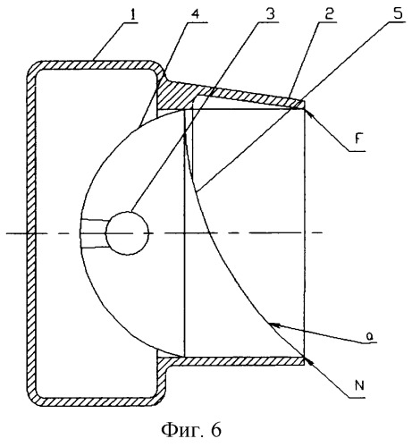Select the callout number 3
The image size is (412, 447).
tap(270, 13)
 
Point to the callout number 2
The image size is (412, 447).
tap(329, 13)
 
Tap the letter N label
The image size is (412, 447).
tap(359, 385)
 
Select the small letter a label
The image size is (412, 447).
tap(369, 337)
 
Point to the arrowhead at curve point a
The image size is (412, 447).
tap(274, 325)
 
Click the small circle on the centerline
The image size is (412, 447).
tap(127, 233)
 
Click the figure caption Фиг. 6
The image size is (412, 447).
tap(191, 430)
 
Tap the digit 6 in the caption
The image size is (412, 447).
tap(216, 430)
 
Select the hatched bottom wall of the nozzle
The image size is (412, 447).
tap(231, 361)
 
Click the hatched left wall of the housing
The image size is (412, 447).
tap(31, 233)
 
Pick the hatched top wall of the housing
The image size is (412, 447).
tap(96, 65)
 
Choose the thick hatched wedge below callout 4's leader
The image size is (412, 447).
tap(176, 97)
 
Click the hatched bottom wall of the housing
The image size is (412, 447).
tap(96, 401)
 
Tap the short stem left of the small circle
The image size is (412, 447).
tap(93, 233)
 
